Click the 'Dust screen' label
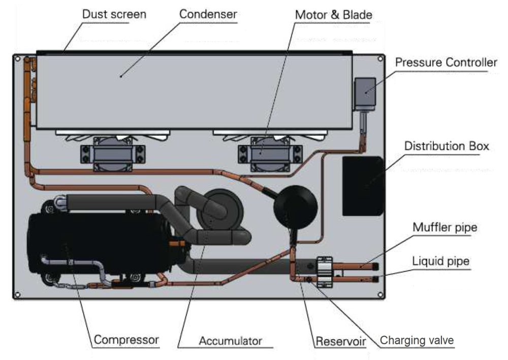[114, 14]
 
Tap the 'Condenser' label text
[208, 14]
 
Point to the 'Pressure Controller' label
[446, 63]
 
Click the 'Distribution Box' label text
[447, 146]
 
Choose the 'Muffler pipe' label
[445, 227]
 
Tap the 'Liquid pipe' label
[441, 261]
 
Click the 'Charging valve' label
[417, 340]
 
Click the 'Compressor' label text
[126, 339]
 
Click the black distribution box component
[363, 186]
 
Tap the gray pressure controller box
[364, 93]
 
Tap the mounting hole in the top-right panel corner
[379, 59]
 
